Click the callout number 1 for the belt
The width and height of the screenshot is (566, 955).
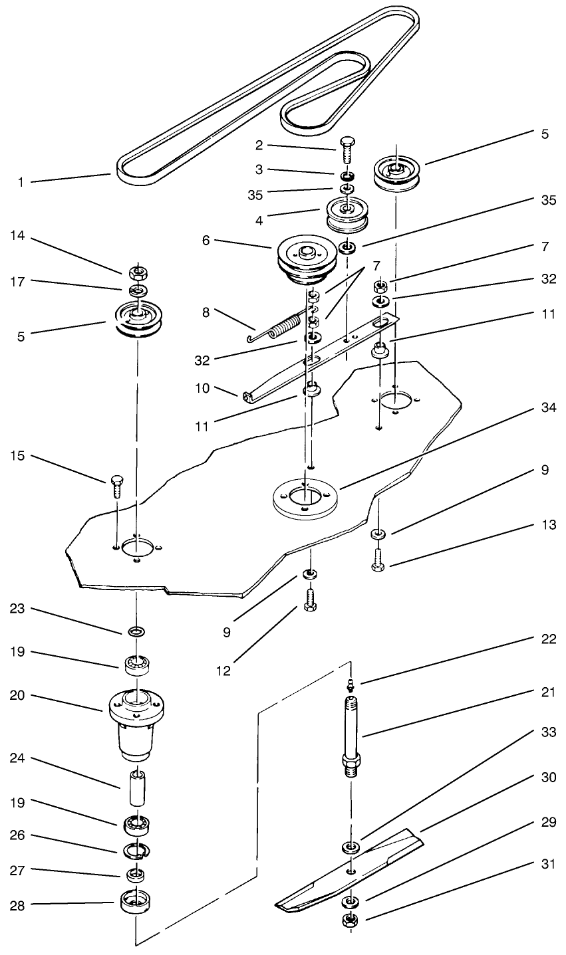[21, 181]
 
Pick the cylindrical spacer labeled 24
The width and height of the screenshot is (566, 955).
[136, 792]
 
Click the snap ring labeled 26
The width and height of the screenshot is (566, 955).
[136, 849]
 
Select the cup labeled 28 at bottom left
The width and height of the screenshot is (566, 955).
[136, 904]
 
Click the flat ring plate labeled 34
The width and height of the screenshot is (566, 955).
[306, 496]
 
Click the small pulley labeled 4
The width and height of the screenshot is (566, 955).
[346, 214]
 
